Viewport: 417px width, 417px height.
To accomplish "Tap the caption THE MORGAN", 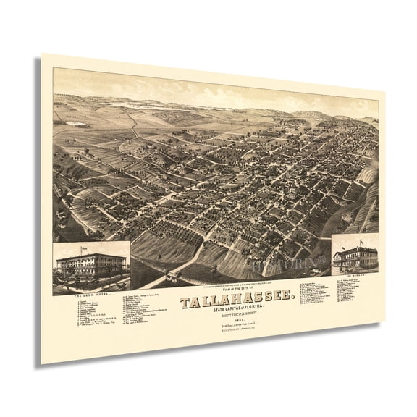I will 355,279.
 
